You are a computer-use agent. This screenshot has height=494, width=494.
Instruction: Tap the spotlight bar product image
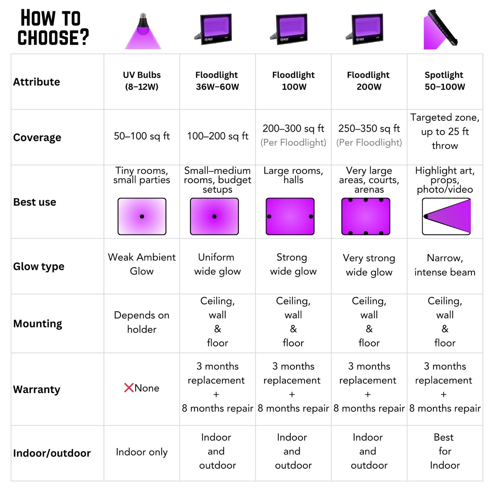[440, 29]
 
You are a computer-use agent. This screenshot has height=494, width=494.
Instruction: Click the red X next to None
[129, 388]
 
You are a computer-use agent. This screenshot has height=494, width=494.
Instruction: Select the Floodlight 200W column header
[369, 81]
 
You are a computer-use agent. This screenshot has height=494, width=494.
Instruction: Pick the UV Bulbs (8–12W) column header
[142, 81]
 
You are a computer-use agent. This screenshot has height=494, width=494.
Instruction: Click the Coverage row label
[37, 137]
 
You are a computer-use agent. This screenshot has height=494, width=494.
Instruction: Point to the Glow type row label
[39, 266]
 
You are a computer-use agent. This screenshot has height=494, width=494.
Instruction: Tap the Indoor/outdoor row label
[52, 453]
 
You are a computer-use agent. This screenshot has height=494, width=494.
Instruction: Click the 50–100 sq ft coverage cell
[142, 136]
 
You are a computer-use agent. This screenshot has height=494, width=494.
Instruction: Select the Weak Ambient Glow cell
[142, 264]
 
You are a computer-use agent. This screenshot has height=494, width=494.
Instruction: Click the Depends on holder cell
[142, 322]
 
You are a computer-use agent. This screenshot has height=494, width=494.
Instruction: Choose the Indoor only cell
[142, 452]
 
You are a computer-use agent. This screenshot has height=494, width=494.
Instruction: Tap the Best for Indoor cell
[445, 451]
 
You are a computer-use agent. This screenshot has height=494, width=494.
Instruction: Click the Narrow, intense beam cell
[445, 265]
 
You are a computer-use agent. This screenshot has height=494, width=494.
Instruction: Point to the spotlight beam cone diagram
[446, 216]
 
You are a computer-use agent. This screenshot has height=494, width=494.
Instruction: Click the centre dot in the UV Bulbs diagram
[142, 216]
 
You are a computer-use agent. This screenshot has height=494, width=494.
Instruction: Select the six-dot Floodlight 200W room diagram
[366, 216]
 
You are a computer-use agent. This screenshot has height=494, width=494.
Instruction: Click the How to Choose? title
[53, 27]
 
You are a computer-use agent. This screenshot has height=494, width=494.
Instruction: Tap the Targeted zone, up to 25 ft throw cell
[445, 132]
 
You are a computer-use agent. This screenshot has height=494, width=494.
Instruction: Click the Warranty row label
[37, 389]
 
